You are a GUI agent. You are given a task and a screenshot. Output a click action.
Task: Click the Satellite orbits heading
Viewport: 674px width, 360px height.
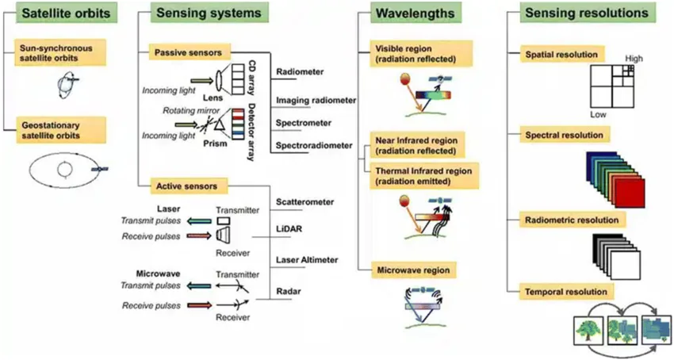[59, 13]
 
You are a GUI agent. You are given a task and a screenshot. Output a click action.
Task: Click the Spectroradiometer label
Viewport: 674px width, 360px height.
[314, 145]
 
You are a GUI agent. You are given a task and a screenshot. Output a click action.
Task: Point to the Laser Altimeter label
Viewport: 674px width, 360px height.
[308, 259]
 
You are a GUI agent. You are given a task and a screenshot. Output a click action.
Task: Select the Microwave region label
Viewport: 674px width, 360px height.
[423, 270]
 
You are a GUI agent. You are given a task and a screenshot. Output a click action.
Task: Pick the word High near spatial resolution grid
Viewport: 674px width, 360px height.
[634, 58]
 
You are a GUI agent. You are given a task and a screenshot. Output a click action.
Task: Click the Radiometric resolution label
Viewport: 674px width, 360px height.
[571, 220]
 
